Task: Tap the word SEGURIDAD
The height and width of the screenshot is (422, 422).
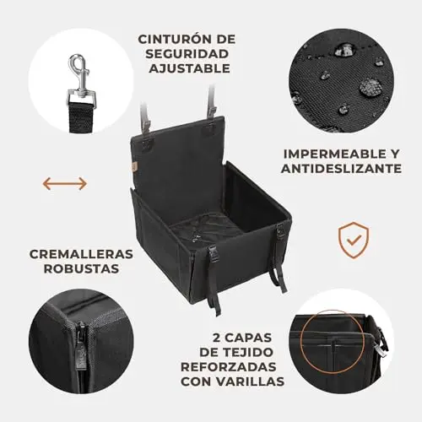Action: [187, 54]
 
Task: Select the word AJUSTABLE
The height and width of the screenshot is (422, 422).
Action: [189, 68]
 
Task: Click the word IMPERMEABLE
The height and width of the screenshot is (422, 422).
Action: [331, 154]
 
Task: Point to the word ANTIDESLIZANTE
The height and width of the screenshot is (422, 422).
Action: [341, 169]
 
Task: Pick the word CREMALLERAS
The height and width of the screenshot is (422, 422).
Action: [81, 254]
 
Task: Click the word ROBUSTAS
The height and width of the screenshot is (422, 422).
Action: [81, 268]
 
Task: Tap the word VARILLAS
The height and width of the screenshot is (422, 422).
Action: [251, 381]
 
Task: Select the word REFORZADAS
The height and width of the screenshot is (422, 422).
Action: [228, 367]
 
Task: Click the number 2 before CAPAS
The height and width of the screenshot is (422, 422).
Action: [217, 338]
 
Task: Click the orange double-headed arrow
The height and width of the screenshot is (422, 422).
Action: [65, 183]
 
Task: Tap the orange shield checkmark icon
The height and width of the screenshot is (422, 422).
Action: [354, 240]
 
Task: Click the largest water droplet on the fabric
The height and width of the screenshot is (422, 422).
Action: [370, 86]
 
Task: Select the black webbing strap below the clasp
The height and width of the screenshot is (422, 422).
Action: [81, 116]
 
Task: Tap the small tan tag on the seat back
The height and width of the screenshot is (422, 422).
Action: [134, 167]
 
